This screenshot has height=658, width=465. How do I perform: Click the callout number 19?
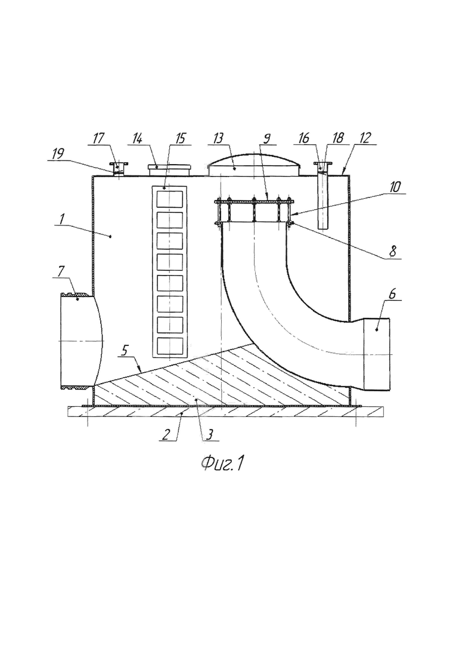pos(58,155)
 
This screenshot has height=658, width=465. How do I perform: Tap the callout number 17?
pos(98,138)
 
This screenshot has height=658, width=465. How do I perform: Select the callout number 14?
pos(137,138)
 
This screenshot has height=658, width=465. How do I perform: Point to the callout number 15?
pos(179,138)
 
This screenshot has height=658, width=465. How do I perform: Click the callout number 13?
pos(218,138)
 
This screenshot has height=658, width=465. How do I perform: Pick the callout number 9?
pos(267,138)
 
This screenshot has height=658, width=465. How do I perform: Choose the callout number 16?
pos(303,138)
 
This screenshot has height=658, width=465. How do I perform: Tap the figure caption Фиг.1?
pos(222,463)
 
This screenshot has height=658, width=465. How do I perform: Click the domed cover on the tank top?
pos(255,165)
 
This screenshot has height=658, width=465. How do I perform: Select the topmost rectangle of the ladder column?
pos(169,199)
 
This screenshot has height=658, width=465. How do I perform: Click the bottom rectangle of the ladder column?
pos(169,346)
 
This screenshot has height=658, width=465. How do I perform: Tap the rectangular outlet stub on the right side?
pos(377,354)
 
